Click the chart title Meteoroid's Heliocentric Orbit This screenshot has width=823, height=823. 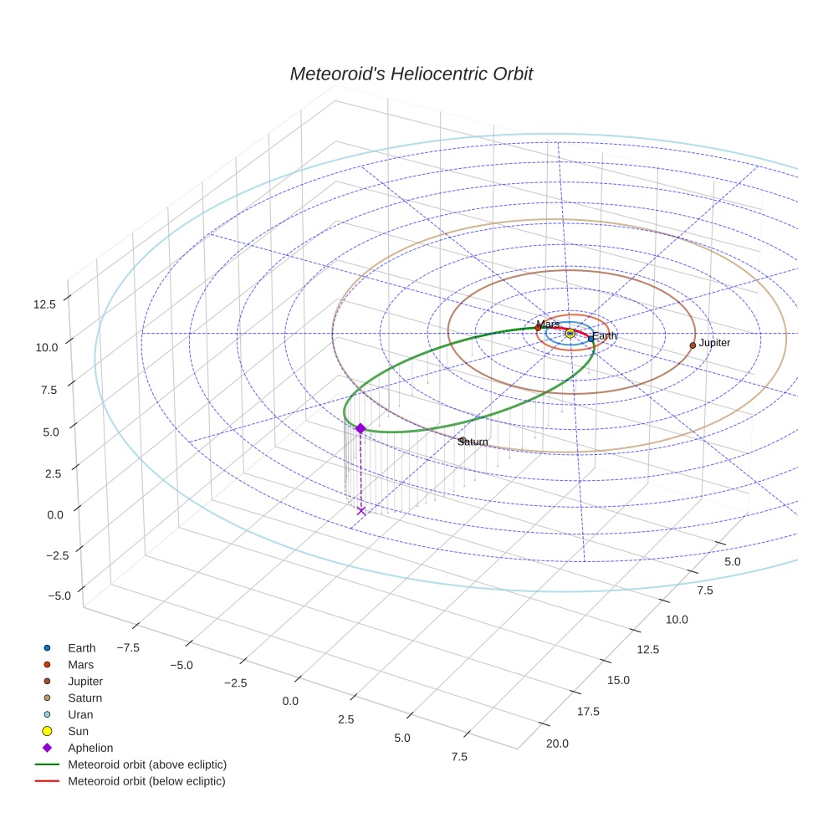point(411,74)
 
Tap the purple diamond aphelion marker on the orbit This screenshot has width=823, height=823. point(360,428)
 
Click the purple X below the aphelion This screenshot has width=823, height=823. point(361,510)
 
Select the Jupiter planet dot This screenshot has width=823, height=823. point(693,345)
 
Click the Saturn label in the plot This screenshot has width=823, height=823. point(473,442)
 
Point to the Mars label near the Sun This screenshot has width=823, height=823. point(548,325)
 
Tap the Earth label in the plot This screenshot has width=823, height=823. point(604,336)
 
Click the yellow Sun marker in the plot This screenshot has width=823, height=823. point(570,333)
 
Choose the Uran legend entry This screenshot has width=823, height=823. point(80,715)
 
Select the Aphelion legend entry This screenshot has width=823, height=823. point(90,749)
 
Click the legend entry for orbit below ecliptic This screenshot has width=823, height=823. point(146,782)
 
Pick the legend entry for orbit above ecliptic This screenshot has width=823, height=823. point(147,765)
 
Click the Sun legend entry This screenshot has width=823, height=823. point(78,732)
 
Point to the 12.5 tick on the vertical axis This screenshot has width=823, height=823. point(44,304)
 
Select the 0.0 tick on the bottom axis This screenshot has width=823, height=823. point(290,701)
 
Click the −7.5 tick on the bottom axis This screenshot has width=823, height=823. point(127,647)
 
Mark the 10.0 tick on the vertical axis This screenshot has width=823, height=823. point(45,346)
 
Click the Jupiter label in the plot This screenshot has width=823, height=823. point(714,343)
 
